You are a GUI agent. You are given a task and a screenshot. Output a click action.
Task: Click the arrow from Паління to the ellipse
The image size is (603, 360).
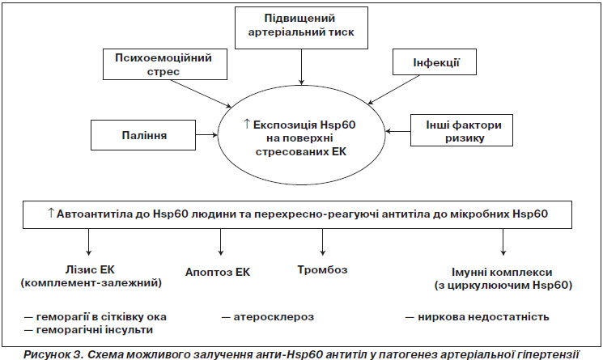(206, 135)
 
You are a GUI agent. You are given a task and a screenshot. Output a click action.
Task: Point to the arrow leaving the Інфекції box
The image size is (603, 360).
(393, 90)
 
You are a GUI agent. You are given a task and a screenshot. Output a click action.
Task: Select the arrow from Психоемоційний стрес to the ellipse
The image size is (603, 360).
(201, 93)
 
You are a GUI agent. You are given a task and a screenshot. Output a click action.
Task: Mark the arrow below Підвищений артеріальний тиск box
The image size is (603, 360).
(301, 67)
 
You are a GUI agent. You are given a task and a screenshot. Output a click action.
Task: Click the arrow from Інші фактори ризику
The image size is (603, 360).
(397, 131)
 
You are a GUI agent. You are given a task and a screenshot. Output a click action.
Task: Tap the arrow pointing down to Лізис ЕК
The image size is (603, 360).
(89, 242)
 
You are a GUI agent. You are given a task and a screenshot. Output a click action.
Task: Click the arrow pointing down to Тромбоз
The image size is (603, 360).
(323, 242)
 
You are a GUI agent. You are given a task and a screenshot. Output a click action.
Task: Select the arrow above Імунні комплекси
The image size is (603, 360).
(503, 242)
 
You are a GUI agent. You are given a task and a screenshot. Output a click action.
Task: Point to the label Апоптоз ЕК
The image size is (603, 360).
(218, 272)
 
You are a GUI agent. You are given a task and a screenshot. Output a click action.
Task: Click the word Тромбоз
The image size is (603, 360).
(322, 269)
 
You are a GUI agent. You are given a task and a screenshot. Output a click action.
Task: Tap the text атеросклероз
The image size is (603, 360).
(274, 317)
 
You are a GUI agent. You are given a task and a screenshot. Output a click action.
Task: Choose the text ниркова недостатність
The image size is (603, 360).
(483, 317)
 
